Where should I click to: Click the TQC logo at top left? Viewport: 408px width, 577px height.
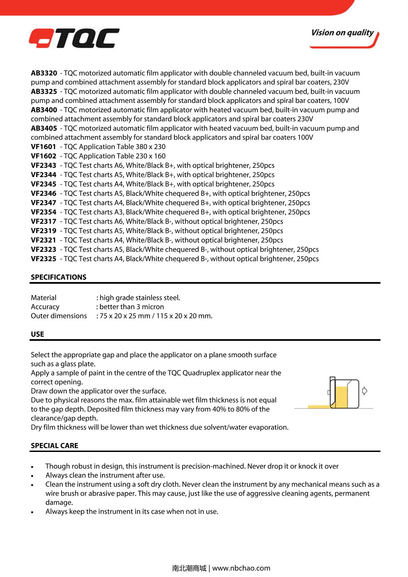[74, 38]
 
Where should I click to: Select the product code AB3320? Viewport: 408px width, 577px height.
[44, 73]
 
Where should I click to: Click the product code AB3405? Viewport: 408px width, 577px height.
[44, 128]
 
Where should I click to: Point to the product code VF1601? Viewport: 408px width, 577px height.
[43, 147]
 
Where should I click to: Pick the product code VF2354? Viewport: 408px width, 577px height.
[44, 212]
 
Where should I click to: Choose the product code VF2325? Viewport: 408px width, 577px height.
[44, 259]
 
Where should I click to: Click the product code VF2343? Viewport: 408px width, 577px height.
[44, 165]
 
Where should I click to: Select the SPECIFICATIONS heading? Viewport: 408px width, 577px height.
[58, 277]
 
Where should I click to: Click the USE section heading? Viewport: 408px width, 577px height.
[37, 334]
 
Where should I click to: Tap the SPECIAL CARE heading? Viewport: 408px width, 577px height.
[54, 445]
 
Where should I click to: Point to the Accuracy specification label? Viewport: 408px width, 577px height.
[45, 307]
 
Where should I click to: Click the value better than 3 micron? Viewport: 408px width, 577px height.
[132, 307]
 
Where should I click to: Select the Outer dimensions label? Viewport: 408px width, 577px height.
[59, 316]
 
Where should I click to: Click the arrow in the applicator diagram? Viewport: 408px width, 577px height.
[364, 391]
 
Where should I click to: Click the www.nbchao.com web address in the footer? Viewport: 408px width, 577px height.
[241, 568]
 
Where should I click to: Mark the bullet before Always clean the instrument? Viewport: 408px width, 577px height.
[32, 476]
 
